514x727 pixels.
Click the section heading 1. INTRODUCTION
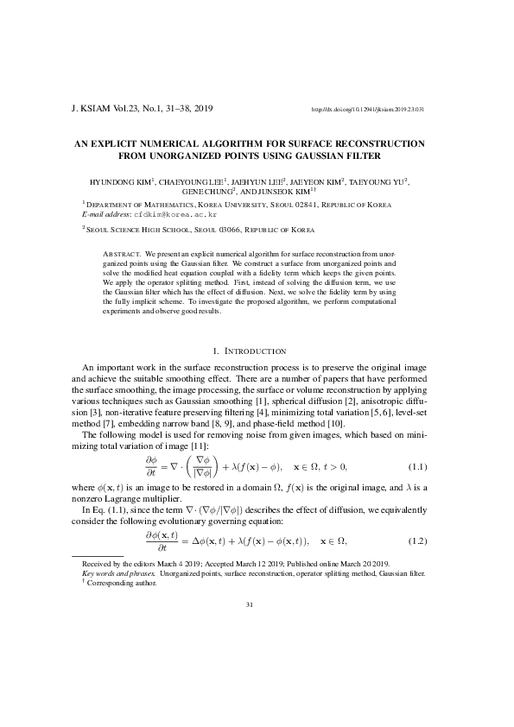click(x=249, y=351)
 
